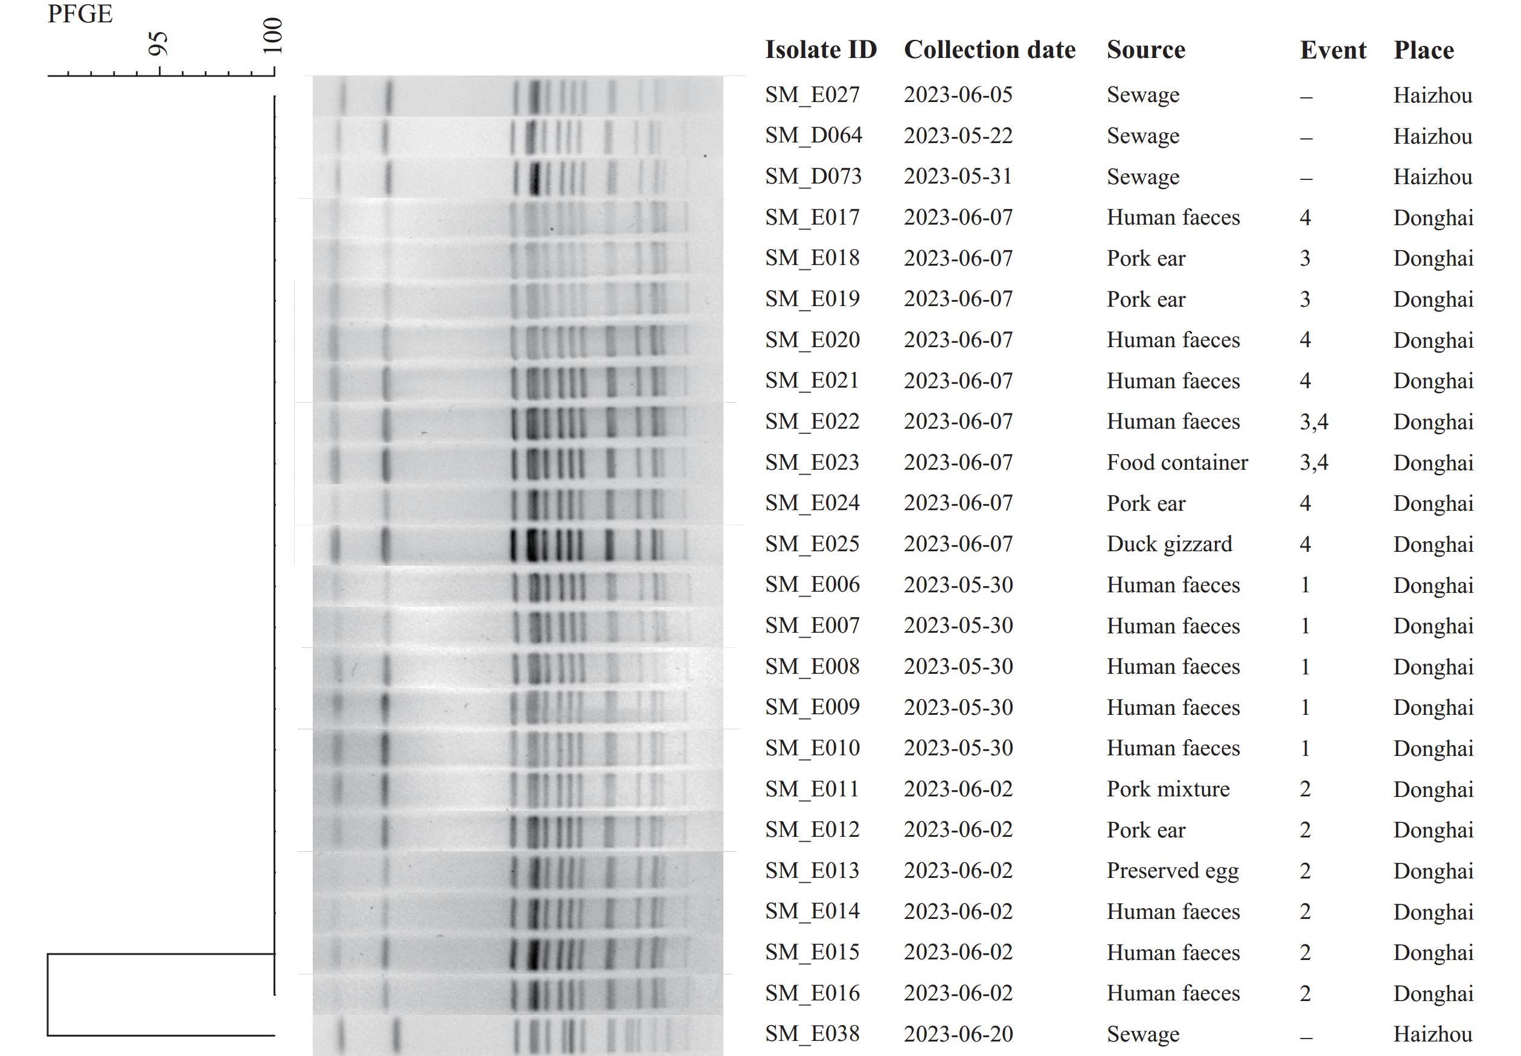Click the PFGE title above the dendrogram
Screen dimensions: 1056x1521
(x=80, y=14)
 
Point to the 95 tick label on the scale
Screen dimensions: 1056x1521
(x=158, y=43)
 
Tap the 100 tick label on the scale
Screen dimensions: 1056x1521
(x=272, y=36)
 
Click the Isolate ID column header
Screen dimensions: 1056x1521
(x=821, y=50)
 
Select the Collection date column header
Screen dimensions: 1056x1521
(x=989, y=50)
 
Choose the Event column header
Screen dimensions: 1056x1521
(x=1333, y=50)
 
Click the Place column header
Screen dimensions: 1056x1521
(x=1424, y=50)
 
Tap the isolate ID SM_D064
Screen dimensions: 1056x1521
(x=813, y=136)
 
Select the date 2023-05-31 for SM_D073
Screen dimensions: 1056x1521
(x=958, y=177)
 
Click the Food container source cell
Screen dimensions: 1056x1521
(x=1177, y=462)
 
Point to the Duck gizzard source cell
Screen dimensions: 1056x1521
(x=1169, y=544)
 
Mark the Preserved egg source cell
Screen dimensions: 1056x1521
(x=1173, y=871)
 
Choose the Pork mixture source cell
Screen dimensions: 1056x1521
(x=1168, y=789)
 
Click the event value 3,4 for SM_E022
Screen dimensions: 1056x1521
(x=1313, y=422)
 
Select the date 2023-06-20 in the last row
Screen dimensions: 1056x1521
(x=958, y=1034)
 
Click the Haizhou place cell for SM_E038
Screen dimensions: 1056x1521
(x=1432, y=1034)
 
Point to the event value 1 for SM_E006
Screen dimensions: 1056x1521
(x=1305, y=585)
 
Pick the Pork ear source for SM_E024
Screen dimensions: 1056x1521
(x=1146, y=504)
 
